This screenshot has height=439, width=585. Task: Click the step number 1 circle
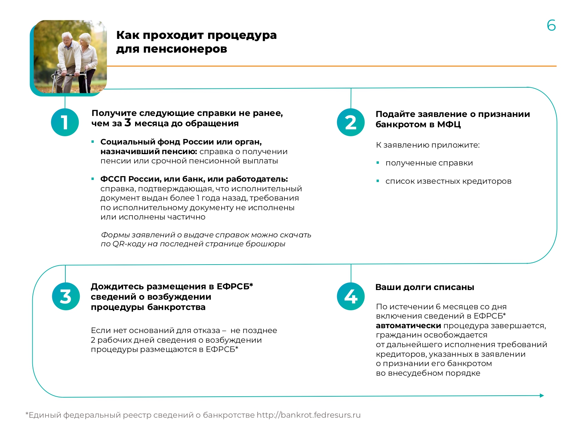[x=65, y=122]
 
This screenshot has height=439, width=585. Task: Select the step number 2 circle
[x=350, y=122]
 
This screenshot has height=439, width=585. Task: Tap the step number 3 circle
[x=66, y=296]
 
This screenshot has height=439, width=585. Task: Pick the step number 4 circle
[x=350, y=296]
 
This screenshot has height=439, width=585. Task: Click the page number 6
[x=551, y=25]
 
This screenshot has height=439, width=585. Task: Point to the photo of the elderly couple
[x=70, y=57]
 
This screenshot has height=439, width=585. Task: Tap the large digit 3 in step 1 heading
[x=128, y=122]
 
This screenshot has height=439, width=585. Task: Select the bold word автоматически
[x=408, y=326]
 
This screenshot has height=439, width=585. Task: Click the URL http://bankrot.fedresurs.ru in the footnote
[x=308, y=415]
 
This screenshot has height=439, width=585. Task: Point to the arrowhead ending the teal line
[x=542, y=396]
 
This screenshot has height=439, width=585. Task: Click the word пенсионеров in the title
[x=185, y=49]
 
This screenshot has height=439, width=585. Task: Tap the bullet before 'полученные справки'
[x=378, y=163]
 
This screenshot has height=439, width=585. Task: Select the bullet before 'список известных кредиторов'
[x=378, y=181]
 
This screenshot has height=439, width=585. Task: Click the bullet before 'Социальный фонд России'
[x=93, y=142]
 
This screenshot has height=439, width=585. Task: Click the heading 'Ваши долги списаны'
[x=424, y=287]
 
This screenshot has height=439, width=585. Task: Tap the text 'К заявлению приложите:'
[x=427, y=145]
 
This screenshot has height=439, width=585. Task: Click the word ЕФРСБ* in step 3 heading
[x=235, y=287]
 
